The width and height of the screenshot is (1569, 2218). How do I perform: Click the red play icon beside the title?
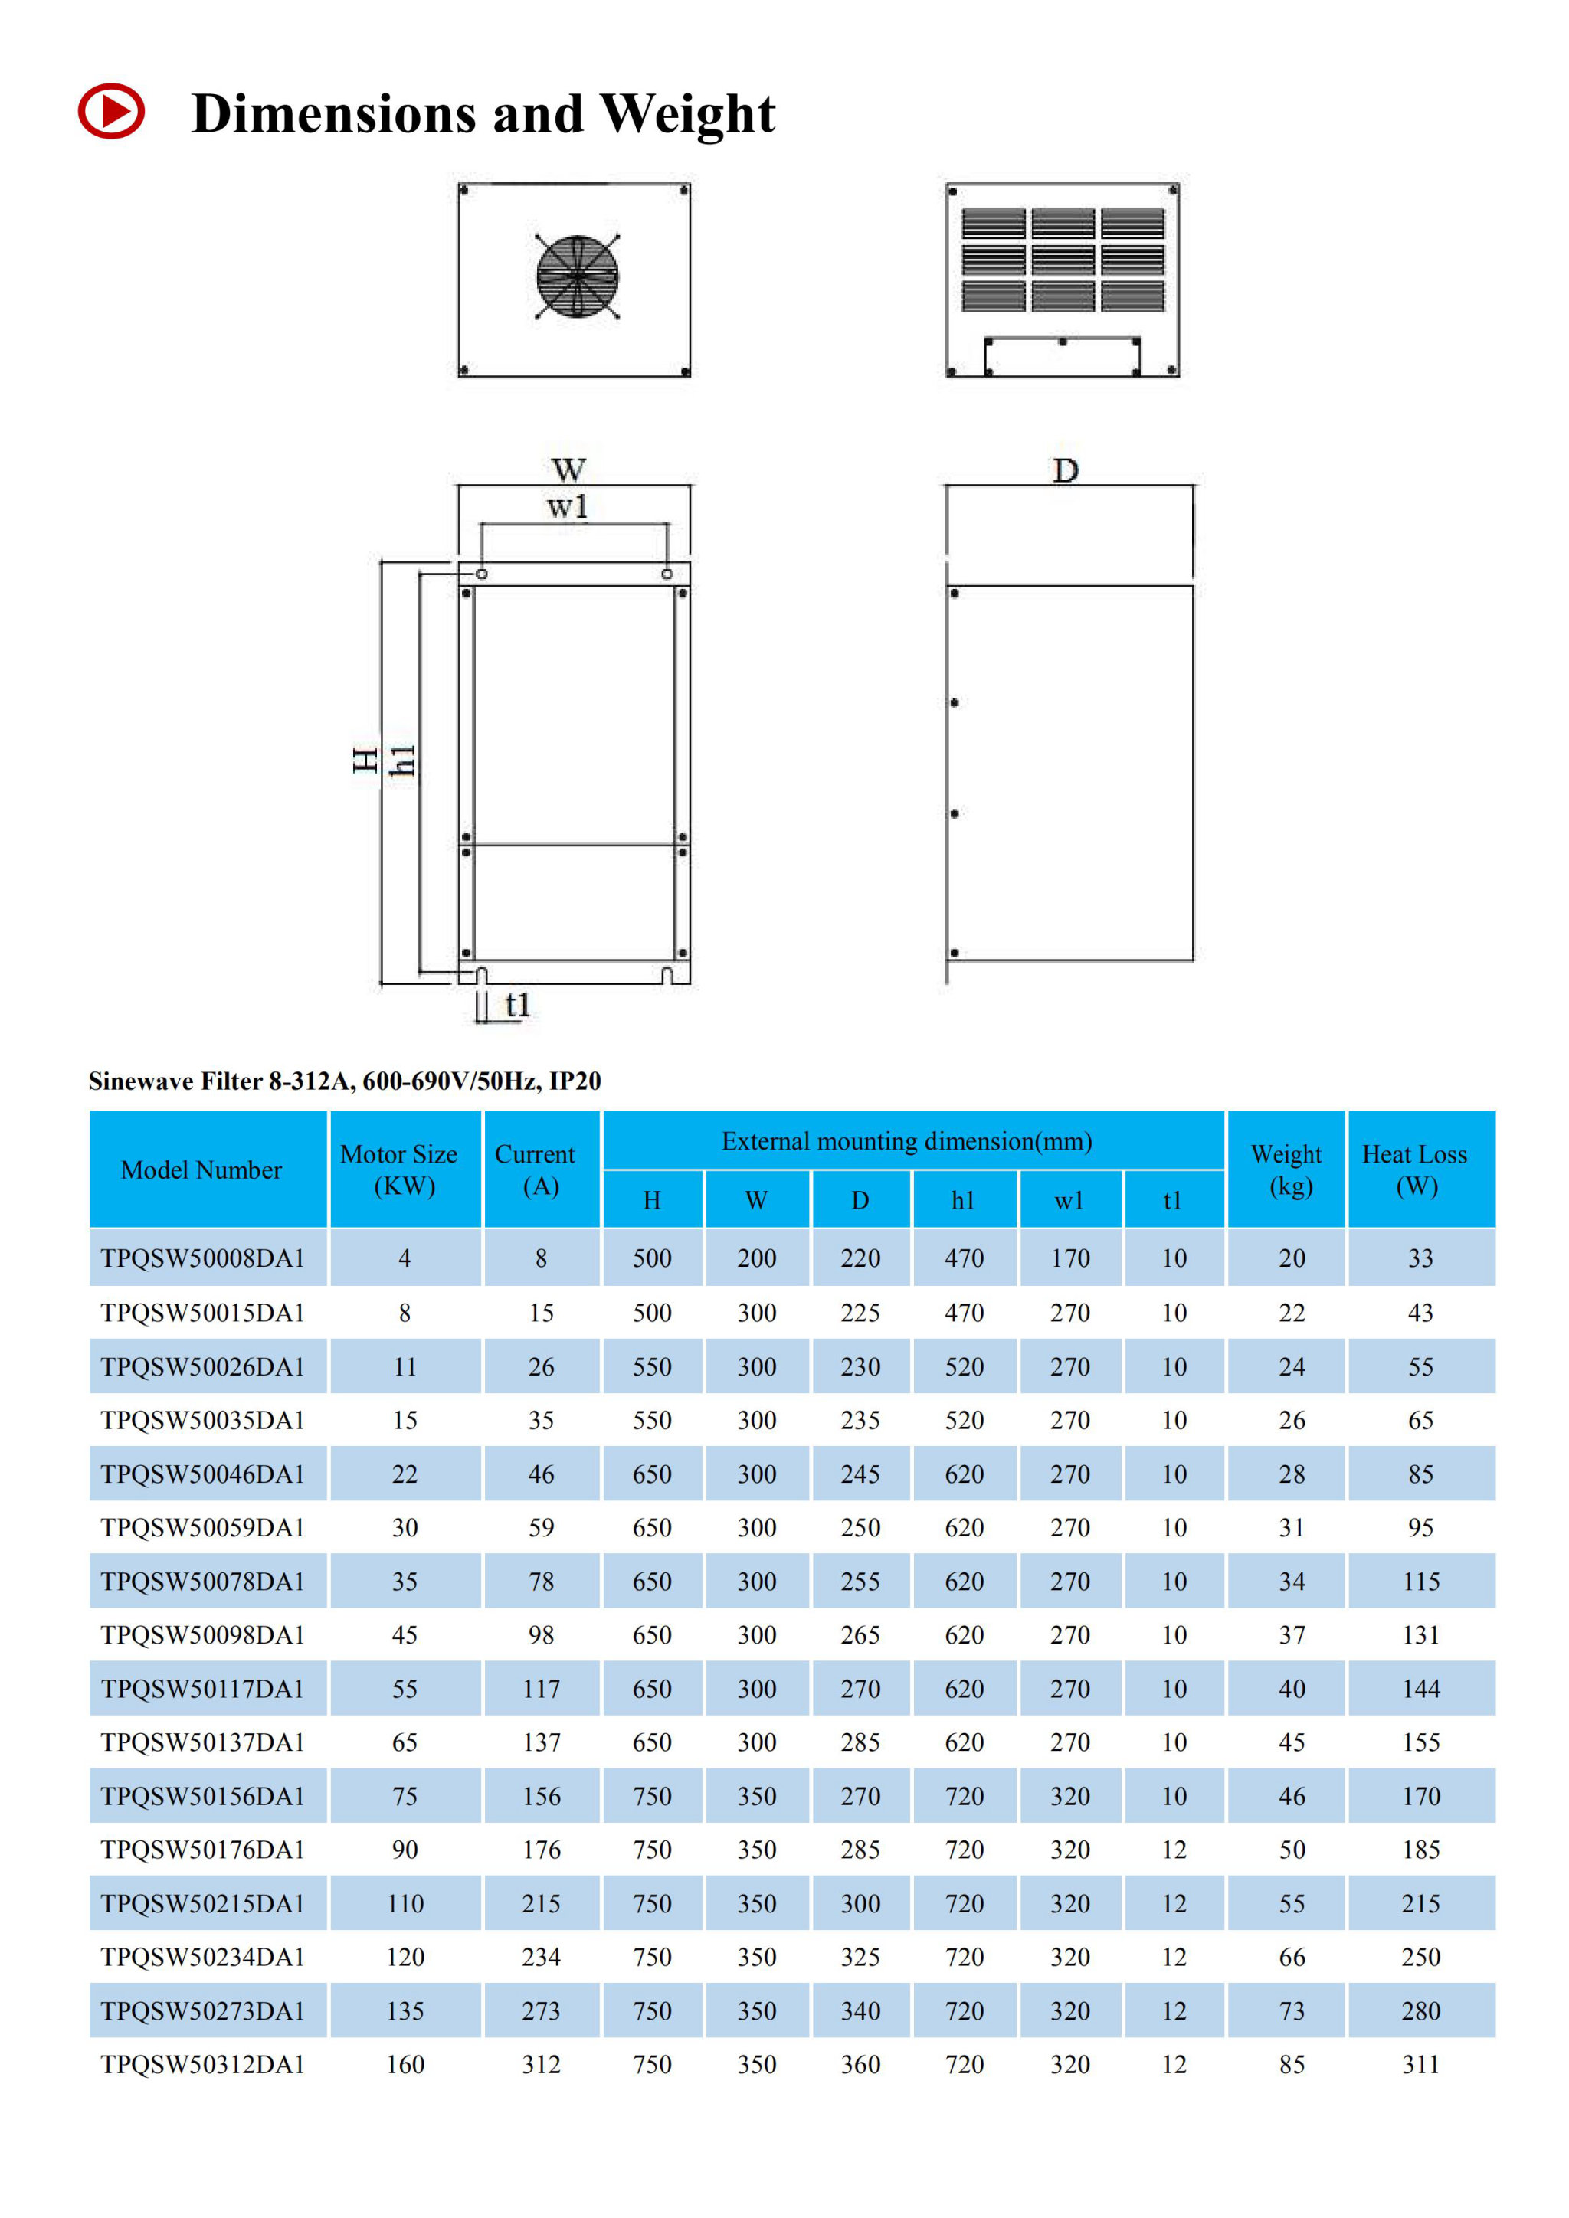(111, 111)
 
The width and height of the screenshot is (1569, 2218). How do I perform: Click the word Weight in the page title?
(687, 114)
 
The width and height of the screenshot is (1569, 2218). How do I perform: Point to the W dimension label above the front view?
(568, 470)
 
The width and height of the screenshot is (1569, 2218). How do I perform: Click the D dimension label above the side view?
(1066, 472)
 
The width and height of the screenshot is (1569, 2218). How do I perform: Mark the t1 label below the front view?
(518, 1005)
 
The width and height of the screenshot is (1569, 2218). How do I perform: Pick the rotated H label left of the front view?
(365, 761)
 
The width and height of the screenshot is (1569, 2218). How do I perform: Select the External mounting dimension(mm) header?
(906, 1141)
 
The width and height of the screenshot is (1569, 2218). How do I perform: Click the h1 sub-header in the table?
(962, 1200)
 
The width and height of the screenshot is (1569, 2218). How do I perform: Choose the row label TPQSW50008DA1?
(203, 1258)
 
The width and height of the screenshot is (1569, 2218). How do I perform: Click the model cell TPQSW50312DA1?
(203, 2064)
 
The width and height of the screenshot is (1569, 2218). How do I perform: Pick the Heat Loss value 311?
(1420, 2064)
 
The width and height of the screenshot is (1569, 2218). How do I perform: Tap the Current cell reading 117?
(541, 1689)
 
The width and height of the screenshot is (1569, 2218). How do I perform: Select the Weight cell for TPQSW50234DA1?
(1292, 1957)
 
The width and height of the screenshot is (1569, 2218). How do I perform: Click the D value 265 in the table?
(860, 1634)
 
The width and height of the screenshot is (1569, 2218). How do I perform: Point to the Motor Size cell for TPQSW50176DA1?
(405, 1849)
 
